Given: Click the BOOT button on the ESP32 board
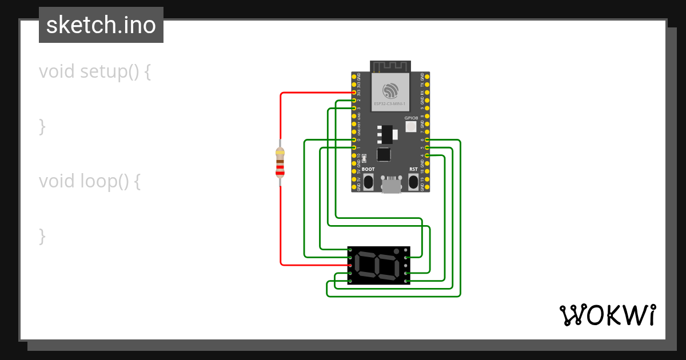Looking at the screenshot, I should (368, 182).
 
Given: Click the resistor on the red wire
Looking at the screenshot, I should (280, 161).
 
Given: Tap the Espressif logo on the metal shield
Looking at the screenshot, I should (391, 91).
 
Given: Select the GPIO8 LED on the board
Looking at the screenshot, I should (410, 126).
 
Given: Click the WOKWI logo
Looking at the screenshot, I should (607, 315).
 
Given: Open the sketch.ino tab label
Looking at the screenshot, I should (101, 25).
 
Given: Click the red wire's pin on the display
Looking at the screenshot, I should (350, 265).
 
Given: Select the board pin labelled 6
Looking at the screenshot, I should (428, 140).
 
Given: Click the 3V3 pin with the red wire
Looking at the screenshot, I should (354, 93).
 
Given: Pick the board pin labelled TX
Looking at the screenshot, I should (428, 84).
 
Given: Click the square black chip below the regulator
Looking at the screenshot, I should (383, 154).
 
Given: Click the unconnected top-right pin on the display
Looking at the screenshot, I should (406, 250).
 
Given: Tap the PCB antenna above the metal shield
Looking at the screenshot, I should (391, 66).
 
